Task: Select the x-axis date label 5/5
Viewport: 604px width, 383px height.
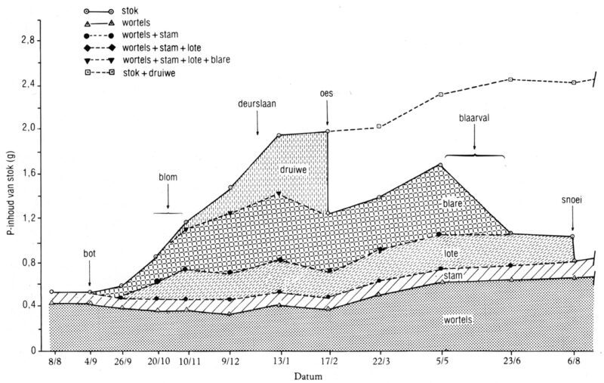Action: [440, 363]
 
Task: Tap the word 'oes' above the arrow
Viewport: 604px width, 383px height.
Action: [326, 94]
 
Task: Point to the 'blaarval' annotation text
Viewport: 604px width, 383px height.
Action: [475, 119]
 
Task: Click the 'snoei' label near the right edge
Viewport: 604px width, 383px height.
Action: [572, 202]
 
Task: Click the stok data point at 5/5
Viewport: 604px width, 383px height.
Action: [440, 165]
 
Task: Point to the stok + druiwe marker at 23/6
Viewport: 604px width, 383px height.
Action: [511, 79]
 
